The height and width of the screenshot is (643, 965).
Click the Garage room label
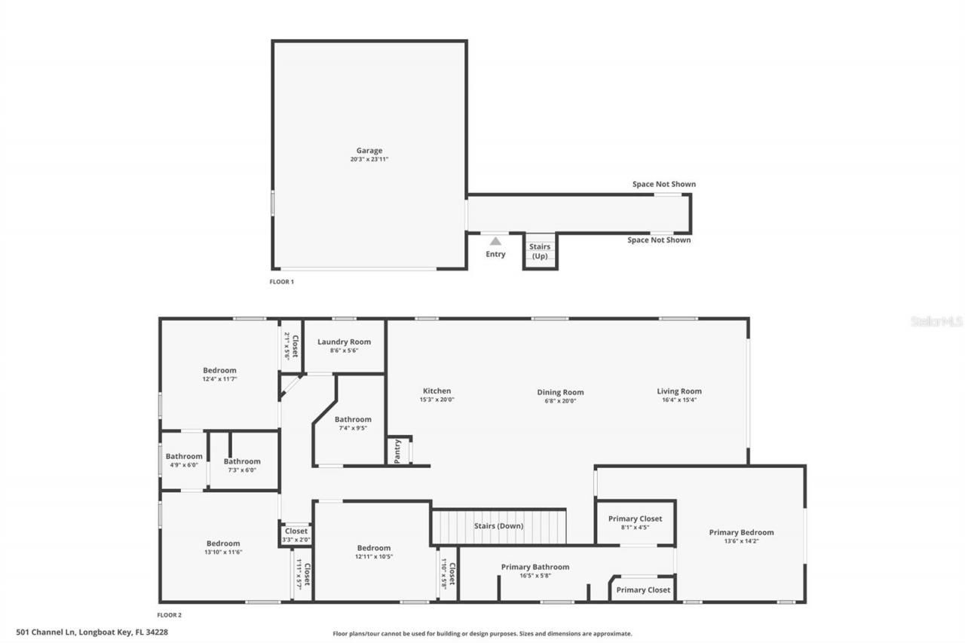coord(369,151)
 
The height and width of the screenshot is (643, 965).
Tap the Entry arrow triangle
coord(495,241)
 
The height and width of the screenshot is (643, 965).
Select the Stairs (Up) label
coord(540,251)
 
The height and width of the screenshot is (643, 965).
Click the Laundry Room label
coord(344,341)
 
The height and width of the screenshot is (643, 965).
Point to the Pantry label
coord(397,451)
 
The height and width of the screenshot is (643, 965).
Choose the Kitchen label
coord(437,390)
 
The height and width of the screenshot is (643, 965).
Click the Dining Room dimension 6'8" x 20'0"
coord(560,401)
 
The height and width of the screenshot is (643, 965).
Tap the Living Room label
coord(679,390)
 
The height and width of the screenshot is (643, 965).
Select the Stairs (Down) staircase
coord(498,526)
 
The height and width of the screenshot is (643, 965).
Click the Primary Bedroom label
coord(741,532)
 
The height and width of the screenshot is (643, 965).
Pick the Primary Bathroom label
coord(535,567)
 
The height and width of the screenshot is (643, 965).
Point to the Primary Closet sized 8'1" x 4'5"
coord(635,522)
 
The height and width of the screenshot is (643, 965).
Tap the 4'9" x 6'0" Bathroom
coord(184,460)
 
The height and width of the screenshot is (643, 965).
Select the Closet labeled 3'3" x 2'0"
coord(296,534)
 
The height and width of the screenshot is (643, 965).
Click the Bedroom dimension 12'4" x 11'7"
coord(219,379)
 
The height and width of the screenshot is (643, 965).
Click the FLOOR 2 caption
coord(170,615)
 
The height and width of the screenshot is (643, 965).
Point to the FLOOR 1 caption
coord(282,282)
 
